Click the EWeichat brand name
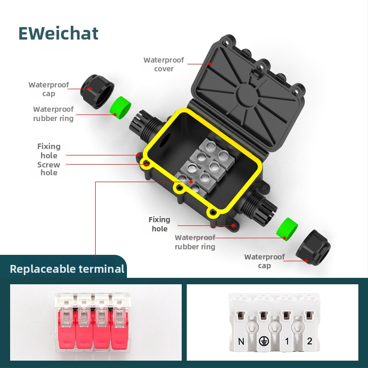pos(58,33)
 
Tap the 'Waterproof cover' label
pos(164,64)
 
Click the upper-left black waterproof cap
pos(97,91)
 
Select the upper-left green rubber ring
pos(120,106)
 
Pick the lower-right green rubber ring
pos(287,228)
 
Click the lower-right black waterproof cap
pos(313,247)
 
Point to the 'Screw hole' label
pos(49,168)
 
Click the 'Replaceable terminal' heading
pos(67,269)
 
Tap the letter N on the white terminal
pos(241,341)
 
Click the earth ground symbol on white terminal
pos(264,341)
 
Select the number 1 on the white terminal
pos(287,341)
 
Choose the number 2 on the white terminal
pos(310,341)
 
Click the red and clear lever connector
pos(93,323)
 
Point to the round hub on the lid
pos(247,95)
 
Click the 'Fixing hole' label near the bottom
pos(159,224)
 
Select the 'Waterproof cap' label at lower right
pos(264,261)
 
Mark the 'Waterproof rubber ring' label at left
pos(53,114)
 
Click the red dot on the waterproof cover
pos(211,64)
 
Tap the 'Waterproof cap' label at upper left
pos(49,89)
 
